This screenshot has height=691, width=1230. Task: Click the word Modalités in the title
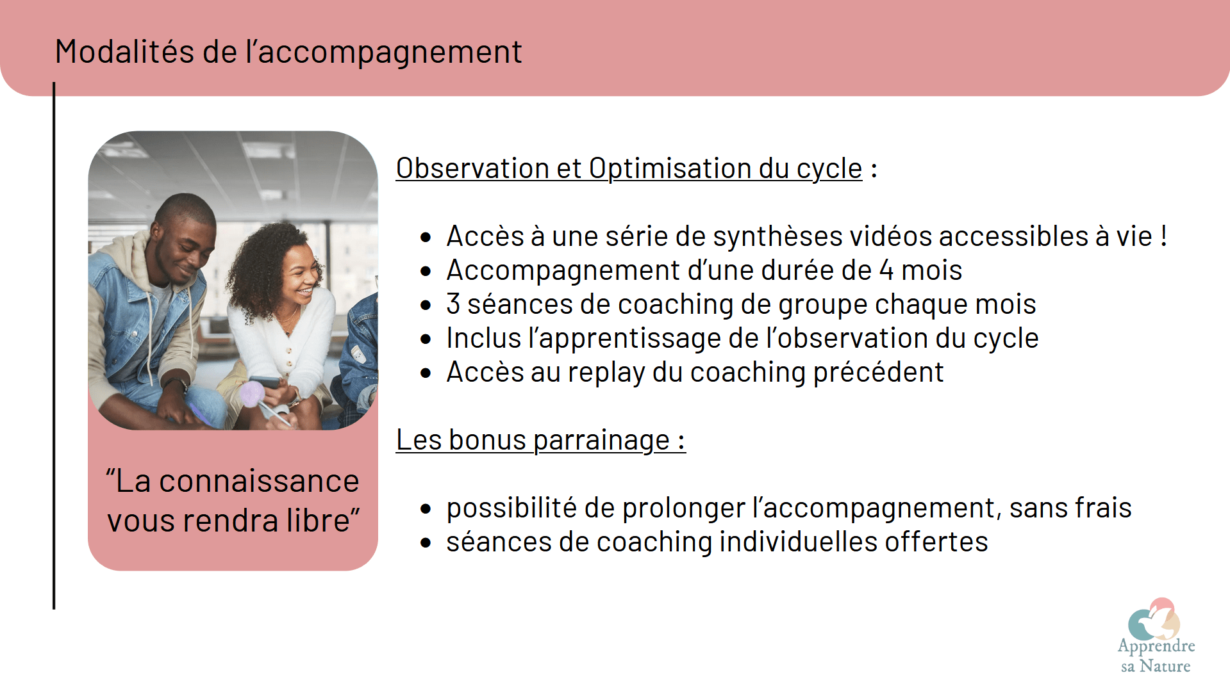124,51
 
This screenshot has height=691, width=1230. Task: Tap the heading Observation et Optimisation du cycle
629,168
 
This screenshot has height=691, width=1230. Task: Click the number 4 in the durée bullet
886,270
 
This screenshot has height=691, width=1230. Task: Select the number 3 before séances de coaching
453,304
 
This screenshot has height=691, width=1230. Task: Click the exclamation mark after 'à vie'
1163,236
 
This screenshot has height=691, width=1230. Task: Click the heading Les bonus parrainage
540,440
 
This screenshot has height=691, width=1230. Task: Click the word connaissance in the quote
259,481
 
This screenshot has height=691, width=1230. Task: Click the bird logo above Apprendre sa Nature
1154,619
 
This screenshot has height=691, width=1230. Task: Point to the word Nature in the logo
1165,666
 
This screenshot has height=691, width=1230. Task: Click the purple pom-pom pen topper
252,394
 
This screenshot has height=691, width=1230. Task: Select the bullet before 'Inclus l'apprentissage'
426,339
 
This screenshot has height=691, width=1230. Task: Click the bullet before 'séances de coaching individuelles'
426,542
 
